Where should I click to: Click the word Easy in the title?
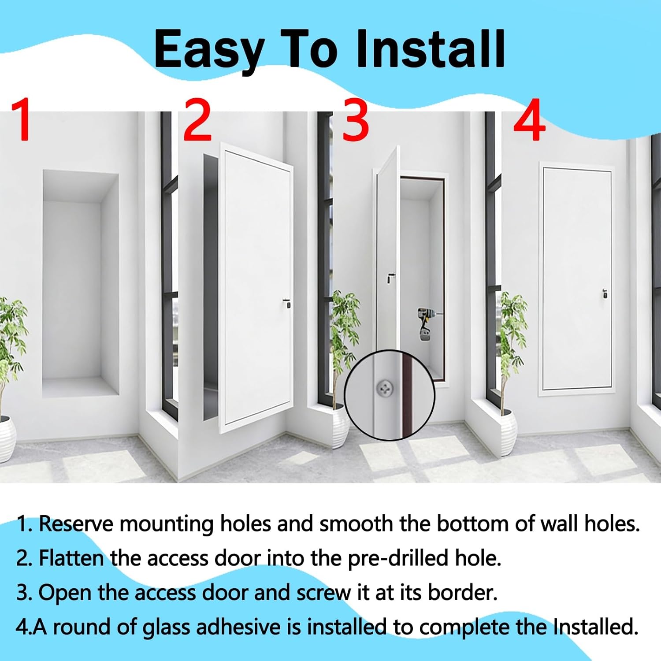(x=208, y=49)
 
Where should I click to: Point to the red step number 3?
(x=355, y=121)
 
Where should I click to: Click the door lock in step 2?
(x=287, y=303)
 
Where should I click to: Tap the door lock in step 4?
(x=605, y=293)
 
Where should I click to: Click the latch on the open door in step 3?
(x=390, y=278)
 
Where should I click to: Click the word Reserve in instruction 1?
(x=76, y=524)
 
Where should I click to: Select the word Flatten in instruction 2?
(x=71, y=558)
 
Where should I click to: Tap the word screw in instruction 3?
(x=324, y=592)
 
